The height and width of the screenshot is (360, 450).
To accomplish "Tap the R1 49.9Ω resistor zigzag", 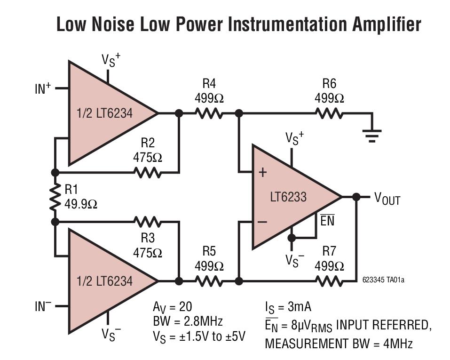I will point(55,197).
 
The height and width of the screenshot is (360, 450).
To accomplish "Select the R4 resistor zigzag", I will point(209,113).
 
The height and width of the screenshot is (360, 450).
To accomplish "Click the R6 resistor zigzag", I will point(329,113).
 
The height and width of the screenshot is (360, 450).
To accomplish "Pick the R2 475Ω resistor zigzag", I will point(148,172).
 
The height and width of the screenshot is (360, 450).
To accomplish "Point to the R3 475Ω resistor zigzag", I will point(148,221).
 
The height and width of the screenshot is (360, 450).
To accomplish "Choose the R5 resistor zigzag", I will point(209,281).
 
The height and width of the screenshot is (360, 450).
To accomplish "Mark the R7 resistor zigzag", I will point(329,281).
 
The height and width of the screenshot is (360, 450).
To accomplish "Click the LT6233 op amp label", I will point(288,197).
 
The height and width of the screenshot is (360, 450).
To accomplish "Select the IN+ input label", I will point(43,88).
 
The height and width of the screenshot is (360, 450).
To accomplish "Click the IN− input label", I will point(43,307).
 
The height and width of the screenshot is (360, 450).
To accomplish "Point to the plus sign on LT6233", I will point(262,172).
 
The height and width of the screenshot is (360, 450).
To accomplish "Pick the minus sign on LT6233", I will point(262,222).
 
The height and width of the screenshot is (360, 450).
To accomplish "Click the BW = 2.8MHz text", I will point(188,321).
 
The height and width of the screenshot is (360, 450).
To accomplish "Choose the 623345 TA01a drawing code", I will point(383,280).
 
